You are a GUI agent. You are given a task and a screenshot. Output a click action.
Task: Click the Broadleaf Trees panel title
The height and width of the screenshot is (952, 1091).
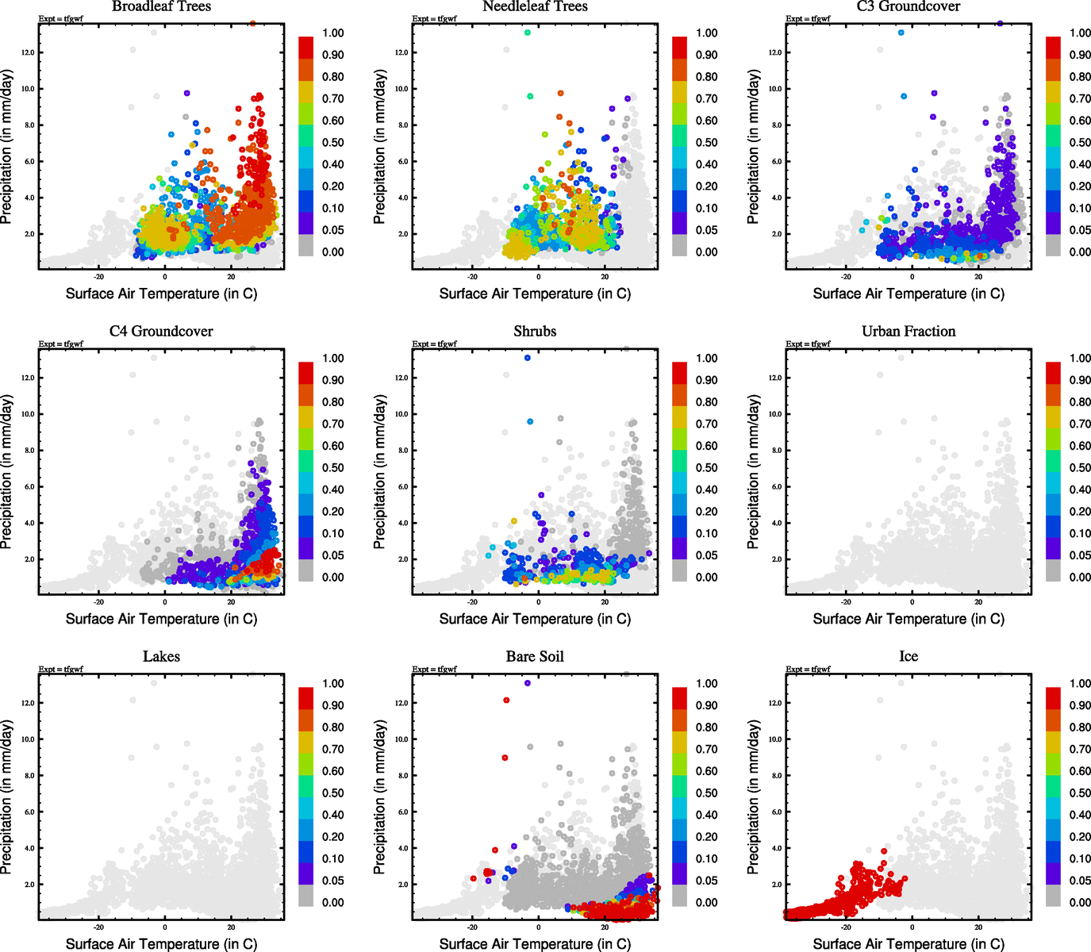[x=161, y=6]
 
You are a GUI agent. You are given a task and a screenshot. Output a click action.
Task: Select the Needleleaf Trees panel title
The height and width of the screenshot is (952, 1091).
[x=535, y=6]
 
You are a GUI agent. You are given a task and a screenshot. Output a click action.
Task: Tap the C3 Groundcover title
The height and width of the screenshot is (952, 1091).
[x=909, y=6]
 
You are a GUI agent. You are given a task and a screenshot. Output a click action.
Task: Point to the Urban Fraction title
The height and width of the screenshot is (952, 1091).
[x=909, y=332]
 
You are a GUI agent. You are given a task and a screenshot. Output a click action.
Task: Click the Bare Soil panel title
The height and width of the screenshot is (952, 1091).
[x=535, y=657]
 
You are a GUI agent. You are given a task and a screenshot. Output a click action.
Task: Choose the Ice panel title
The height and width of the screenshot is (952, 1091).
[x=909, y=657]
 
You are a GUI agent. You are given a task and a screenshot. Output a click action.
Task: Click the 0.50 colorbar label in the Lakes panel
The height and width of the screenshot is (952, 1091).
[x=333, y=793]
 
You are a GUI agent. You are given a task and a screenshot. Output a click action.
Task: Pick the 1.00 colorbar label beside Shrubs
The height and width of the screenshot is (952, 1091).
[x=707, y=359]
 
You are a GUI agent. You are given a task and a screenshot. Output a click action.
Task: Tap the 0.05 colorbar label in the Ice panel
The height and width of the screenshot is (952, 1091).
[x=1081, y=881]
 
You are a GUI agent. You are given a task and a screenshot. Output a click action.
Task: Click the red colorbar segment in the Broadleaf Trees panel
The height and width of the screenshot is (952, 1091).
[x=306, y=47]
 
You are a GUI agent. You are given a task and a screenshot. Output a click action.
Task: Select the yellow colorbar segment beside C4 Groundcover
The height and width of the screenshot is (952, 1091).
[x=306, y=416]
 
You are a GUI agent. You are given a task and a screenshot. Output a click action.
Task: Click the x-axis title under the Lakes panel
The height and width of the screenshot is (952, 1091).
[x=161, y=944]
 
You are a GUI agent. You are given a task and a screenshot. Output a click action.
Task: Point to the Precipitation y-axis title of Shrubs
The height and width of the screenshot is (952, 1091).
[x=379, y=472]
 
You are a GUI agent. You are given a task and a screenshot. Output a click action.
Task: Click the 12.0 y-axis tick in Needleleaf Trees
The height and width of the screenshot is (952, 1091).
[x=401, y=52]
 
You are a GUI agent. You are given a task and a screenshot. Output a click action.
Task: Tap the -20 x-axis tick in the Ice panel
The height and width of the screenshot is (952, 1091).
[x=846, y=927]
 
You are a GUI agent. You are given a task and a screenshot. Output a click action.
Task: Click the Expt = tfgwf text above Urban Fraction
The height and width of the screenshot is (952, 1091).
[x=808, y=344]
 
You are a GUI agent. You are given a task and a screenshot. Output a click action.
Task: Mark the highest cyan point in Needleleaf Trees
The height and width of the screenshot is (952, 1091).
[x=528, y=33]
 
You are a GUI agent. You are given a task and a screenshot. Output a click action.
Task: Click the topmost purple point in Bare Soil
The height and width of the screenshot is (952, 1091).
[x=528, y=683]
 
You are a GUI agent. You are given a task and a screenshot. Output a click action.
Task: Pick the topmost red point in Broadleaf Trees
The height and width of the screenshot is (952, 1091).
[x=252, y=24]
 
